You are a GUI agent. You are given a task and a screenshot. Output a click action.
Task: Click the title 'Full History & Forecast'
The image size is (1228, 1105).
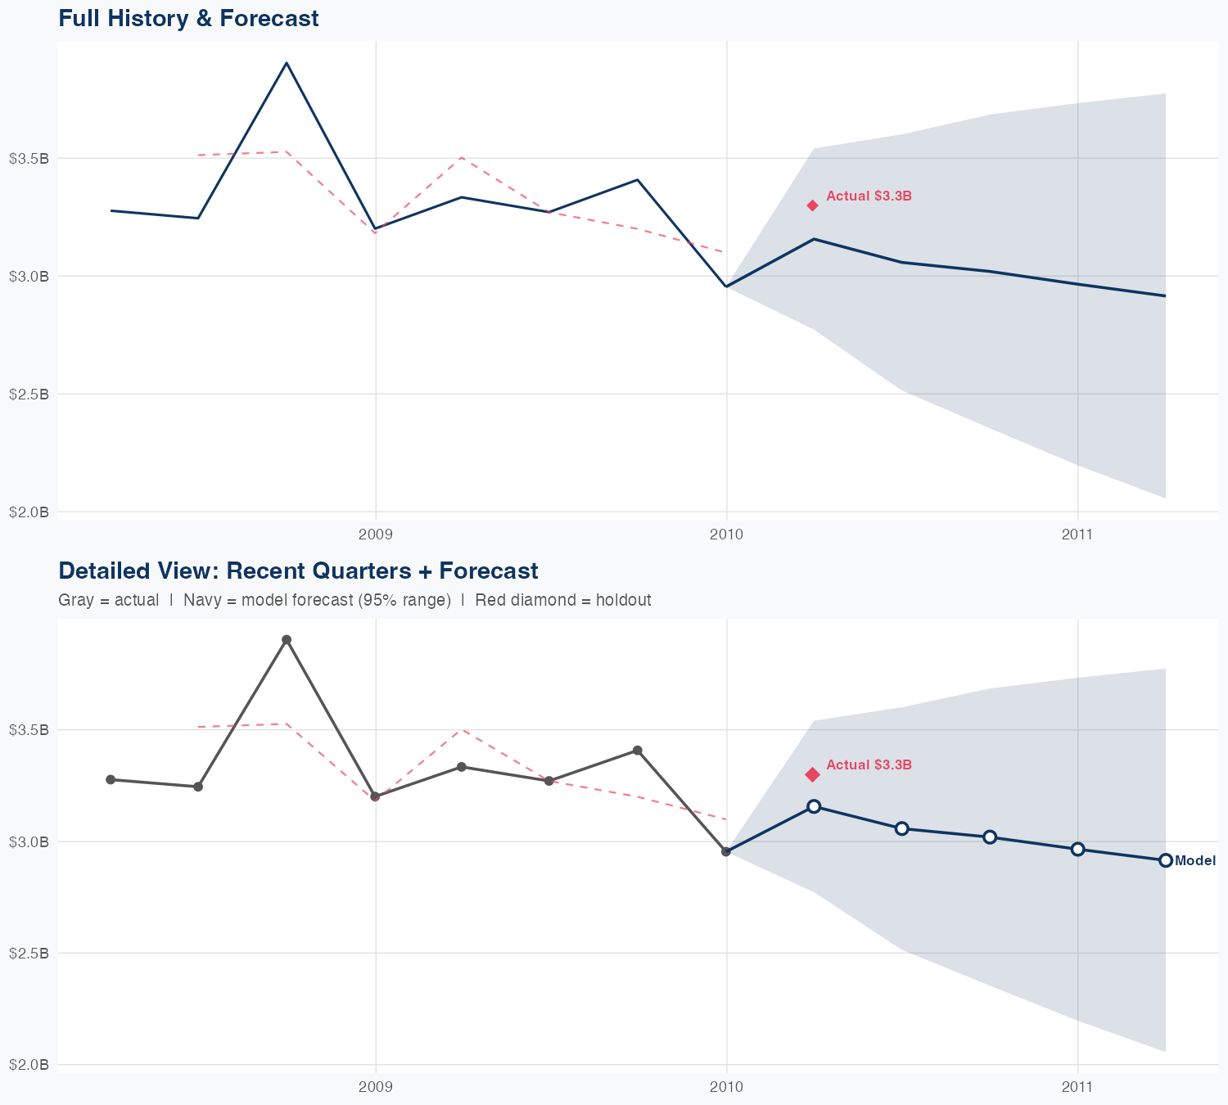point(188,19)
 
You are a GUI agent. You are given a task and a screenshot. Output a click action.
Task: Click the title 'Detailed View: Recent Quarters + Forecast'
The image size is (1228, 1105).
point(298,571)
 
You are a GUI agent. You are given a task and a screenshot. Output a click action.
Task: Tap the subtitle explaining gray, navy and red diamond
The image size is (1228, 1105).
point(354,600)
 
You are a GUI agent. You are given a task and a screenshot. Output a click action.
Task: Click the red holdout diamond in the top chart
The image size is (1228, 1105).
point(812,205)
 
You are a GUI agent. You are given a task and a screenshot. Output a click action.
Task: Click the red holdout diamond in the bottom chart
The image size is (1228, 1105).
point(812,774)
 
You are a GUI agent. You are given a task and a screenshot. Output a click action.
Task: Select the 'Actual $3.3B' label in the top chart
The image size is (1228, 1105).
point(869,196)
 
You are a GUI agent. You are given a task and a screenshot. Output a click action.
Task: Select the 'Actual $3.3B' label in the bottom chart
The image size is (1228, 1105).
point(869,765)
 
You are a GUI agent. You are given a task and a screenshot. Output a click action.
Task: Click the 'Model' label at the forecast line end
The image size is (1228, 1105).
point(1194,861)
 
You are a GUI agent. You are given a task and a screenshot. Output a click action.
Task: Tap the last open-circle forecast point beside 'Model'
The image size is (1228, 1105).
point(1166,860)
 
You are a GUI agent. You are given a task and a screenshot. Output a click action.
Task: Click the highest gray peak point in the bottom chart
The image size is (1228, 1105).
point(287,640)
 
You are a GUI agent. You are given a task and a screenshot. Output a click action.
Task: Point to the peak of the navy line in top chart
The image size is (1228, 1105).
point(287,63)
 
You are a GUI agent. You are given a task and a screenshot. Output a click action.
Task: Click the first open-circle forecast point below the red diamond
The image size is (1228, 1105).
point(814,806)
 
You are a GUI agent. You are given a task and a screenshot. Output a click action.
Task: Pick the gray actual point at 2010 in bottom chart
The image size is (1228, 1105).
point(726,852)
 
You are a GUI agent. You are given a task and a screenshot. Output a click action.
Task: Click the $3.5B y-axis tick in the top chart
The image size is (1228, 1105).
point(29,158)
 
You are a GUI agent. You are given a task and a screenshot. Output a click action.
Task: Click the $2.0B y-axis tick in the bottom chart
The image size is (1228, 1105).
point(29,1065)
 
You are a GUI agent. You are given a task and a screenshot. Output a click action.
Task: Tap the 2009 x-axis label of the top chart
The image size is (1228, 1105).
point(376,535)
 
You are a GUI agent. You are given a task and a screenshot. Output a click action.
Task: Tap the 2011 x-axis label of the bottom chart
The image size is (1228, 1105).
point(1077,1087)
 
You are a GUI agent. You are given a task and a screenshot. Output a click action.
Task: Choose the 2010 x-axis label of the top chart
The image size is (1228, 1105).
point(726,535)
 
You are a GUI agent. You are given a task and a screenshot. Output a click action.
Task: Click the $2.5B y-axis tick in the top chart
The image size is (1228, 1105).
point(29,394)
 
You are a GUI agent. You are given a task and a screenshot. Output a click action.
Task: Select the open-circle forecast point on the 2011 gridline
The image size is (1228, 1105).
point(1078,849)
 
